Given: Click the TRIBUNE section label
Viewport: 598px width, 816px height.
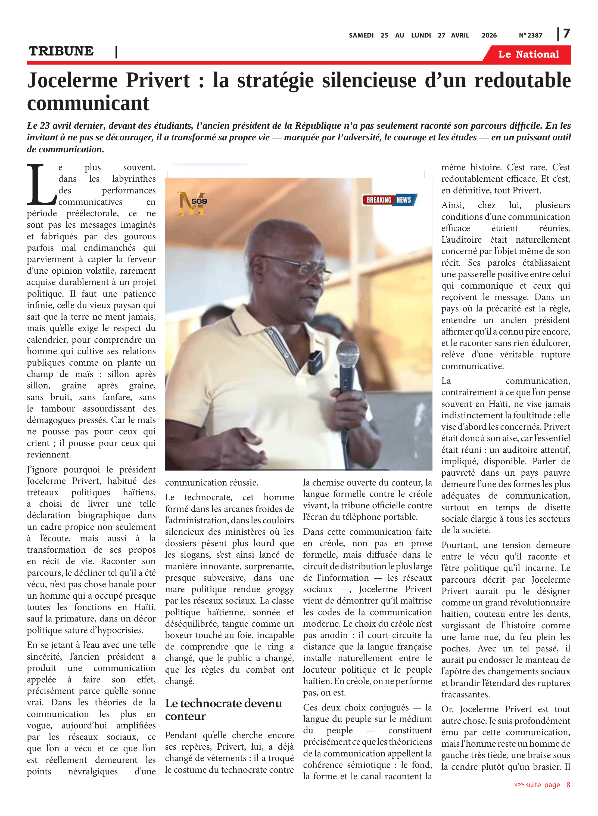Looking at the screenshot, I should (61, 51).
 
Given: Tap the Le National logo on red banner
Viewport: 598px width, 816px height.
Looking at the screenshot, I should (528, 54).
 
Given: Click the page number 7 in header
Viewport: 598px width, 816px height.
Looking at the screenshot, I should (566, 34).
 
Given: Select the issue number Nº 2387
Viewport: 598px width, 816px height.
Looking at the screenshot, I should (530, 35).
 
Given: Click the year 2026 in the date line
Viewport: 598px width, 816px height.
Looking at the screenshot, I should (489, 35).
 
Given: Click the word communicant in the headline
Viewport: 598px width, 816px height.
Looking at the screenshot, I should (88, 104).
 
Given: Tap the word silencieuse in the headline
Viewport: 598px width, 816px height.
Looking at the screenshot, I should (369, 81).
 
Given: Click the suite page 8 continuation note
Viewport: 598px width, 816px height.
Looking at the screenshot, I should (542, 784).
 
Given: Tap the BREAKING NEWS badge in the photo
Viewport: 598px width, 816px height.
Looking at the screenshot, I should (389, 200).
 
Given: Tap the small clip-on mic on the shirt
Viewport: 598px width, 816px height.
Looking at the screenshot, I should (313, 362).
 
